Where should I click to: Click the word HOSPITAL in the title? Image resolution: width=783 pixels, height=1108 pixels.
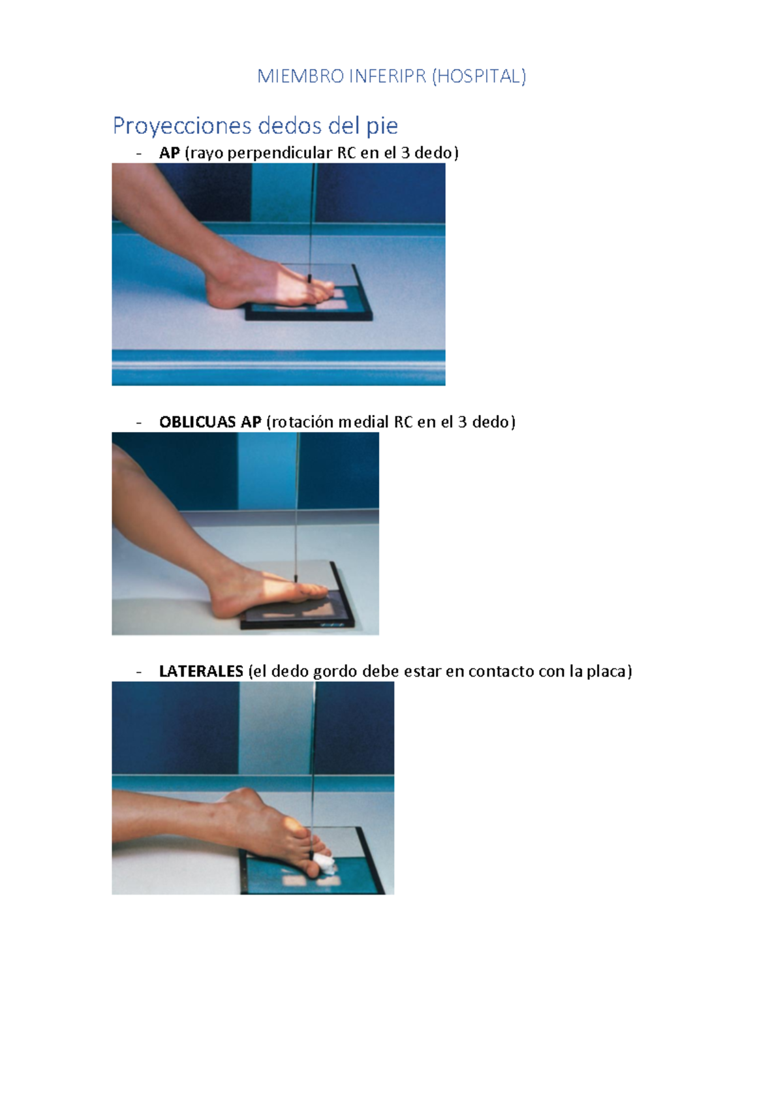[480, 76]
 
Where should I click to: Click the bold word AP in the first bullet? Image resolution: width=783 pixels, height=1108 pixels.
[169, 153]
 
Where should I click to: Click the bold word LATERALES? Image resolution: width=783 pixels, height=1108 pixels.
[201, 671]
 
